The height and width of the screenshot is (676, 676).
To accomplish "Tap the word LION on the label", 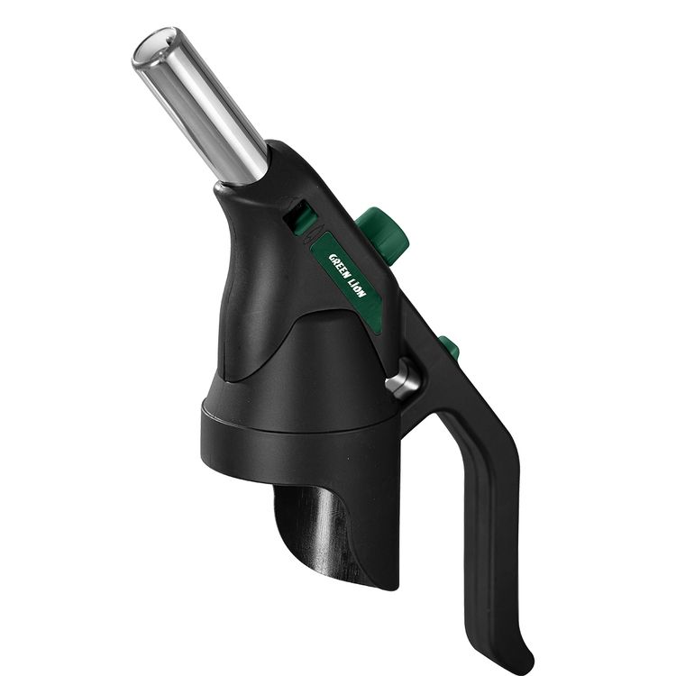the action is pyautogui.click(x=358, y=288).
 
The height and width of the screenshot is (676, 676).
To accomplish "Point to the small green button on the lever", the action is pyautogui.click(x=450, y=349).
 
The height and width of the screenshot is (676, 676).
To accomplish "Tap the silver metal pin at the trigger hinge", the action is pyautogui.click(x=402, y=378).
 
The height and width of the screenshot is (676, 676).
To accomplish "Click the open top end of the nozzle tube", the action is pyautogui.click(x=154, y=47).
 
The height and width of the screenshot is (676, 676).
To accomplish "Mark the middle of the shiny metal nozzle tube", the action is pyautogui.click(x=201, y=108).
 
